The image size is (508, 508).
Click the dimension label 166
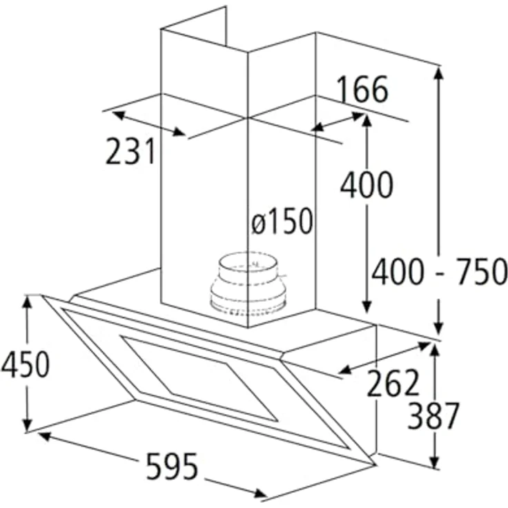(362, 89)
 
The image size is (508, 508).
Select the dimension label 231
(130, 151)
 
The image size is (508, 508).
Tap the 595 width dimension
(172, 466)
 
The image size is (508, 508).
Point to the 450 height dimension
(26, 364)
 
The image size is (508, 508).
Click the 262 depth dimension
(393, 383)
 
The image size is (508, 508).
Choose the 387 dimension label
(433, 416)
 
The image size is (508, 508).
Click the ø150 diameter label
(282, 221)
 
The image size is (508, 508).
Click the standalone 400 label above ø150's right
(367, 184)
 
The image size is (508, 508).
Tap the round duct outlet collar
(248, 284)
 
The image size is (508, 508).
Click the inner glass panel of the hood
(199, 378)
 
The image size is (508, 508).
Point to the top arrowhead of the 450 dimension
(27, 302)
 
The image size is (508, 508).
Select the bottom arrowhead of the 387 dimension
(435, 462)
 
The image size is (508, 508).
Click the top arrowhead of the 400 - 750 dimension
(439, 73)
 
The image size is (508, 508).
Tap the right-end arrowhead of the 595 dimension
(260, 494)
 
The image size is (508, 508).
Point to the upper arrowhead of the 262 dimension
(424, 345)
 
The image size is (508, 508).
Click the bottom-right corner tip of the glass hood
(375, 465)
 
